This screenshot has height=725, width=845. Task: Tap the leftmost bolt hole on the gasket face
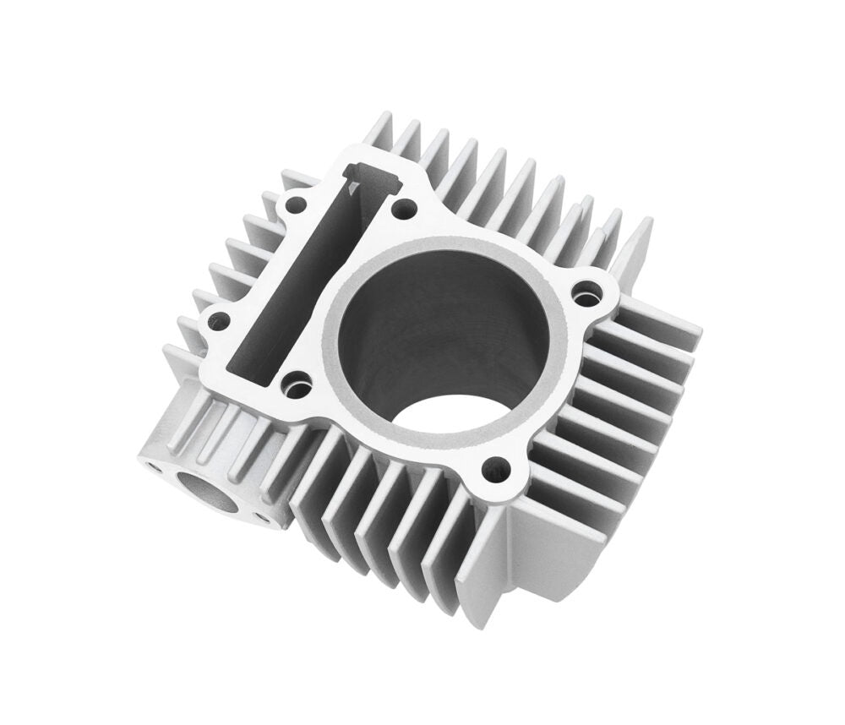click(x=219, y=319)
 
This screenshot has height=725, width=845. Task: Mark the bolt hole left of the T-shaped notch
click(x=298, y=203)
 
